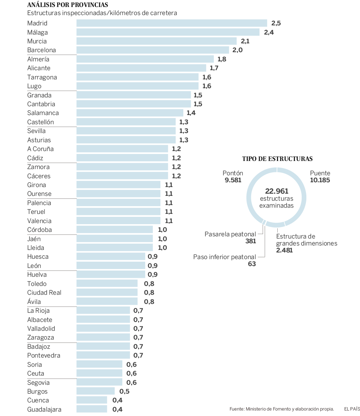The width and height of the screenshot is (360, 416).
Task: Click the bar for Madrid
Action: [172, 23]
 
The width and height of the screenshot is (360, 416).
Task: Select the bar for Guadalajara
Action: [92, 409]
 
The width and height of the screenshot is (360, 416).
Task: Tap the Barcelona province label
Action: [42, 50]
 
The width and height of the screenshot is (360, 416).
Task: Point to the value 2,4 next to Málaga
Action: [269, 32]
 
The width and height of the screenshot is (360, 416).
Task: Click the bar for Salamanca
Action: [130, 113]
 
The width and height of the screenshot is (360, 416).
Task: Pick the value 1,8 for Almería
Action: [222, 59]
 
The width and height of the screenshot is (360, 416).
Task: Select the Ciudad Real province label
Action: [44, 293]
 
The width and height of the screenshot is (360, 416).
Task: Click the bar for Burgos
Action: [96, 391]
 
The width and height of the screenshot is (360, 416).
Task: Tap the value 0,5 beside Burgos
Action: [124, 391]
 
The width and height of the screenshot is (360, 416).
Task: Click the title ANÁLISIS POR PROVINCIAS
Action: [68, 5]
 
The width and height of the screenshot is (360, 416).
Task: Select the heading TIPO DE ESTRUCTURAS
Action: [277, 159]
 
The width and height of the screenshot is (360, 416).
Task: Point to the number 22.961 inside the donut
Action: [277, 191]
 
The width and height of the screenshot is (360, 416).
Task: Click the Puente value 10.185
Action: [320, 180]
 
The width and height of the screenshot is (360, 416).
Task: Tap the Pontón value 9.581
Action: [233, 180]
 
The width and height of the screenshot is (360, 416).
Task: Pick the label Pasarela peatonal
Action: [230, 234]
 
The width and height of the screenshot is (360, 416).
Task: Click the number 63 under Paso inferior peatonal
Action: [252, 264]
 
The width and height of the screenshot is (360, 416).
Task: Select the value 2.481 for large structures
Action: [285, 250]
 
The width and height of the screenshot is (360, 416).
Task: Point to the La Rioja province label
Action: [38, 311]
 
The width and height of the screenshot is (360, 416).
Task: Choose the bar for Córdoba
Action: [115, 230]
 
